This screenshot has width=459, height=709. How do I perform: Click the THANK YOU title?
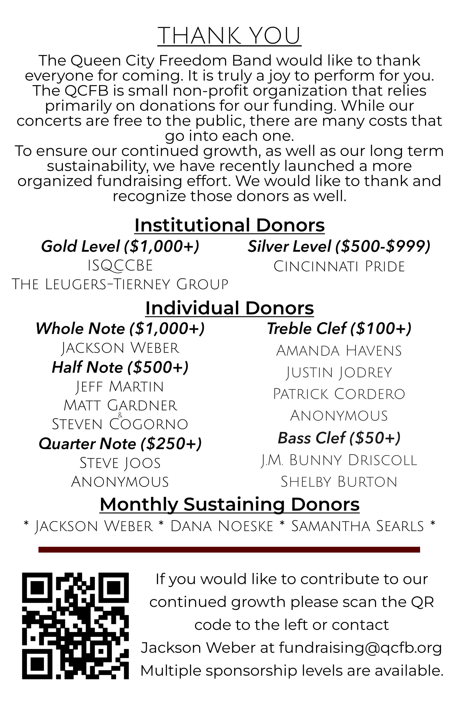pos(229,36)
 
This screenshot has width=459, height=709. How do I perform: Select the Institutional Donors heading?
pos(229,225)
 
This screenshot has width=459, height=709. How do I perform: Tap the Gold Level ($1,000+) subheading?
pos(120,247)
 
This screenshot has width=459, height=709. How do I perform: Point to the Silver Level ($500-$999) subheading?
pos(339,247)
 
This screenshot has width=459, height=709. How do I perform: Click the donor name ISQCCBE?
pos(120,266)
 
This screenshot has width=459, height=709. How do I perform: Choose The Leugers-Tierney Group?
pos(120,284)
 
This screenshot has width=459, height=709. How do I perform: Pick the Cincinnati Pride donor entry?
pos(339,266)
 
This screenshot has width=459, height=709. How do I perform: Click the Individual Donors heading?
pos(229,308)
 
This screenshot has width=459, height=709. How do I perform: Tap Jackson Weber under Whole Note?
pos(120,348)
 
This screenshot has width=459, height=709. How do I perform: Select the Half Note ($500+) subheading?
pos(120,367)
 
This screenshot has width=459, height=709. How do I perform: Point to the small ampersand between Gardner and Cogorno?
pos(120,415)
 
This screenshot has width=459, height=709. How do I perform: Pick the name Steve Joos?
pos(120,463)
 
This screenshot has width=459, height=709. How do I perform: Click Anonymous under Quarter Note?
pos(120,482)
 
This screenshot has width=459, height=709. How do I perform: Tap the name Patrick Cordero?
pos(339,394)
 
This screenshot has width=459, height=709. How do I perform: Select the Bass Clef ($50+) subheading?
pos(339,438)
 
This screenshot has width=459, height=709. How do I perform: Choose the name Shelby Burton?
pos(339,482)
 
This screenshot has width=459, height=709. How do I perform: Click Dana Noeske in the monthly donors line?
pos(222,526)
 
